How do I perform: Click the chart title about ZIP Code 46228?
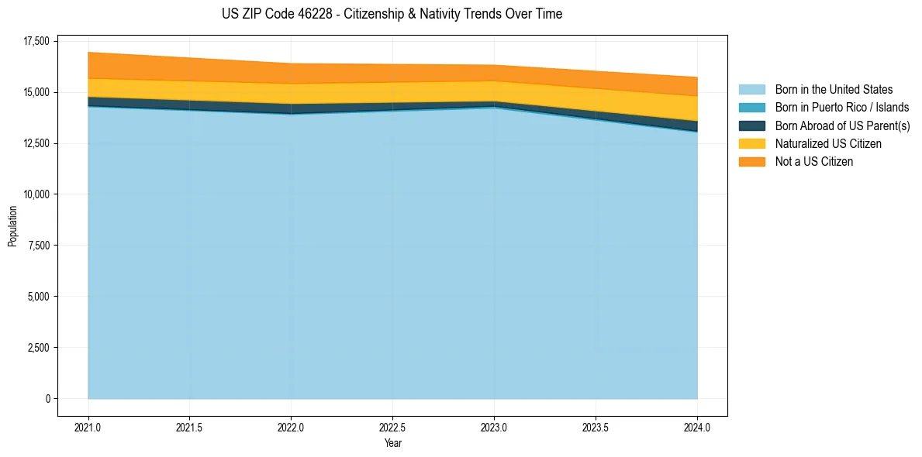pyautogui.click(x=392, y=14)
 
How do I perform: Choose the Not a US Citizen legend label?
pyautogui.click(x=813, y=162)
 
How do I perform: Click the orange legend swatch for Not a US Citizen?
pyautogui.click(x=751, y=162)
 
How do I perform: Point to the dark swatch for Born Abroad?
pyautogui.click(x=751, y=125)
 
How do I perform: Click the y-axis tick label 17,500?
pyautogui.click(x=36, y=41)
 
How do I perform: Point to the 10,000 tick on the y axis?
pyautogui.click(x=36, y=194)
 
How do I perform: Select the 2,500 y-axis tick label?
pyautogui.click(x=38, y=348)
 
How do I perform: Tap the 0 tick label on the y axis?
pyautogui.click(x=47, y=399)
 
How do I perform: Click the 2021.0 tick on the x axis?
pyautogui.click(x=88, y=427)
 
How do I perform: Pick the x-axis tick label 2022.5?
pyautogui.click(x=392, y=427)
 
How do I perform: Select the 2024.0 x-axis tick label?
pyautogui.click(x=697, y=427)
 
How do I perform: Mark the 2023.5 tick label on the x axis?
pyautogui.click(x=596, y=427)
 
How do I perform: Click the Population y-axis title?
pyautogui.click(x=12, y=226)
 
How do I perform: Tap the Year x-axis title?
pyautogui.click(x=392, y=443)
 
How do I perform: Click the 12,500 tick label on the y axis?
pyautogui.click(x=36, y=143)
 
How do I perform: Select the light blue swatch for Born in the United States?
pyautogui.click(x=751, y=90)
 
